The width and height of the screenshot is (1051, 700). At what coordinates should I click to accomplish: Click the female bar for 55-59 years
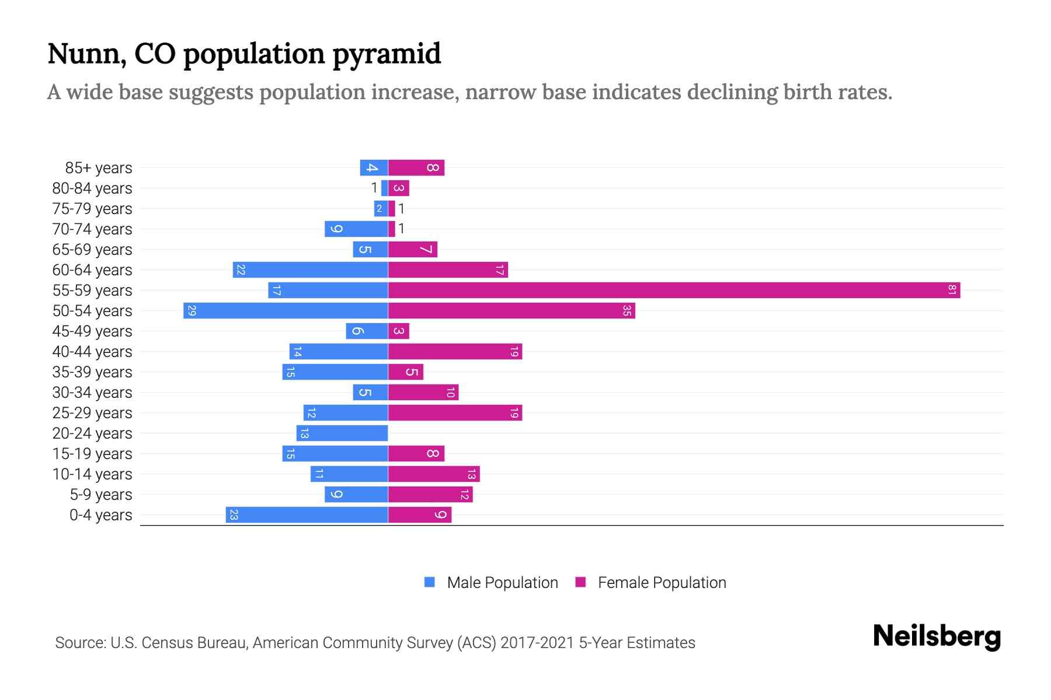[674, 290]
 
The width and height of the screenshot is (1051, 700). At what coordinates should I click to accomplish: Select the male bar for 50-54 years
[286, 310]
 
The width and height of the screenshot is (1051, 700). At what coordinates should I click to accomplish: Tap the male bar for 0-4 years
[307, 514]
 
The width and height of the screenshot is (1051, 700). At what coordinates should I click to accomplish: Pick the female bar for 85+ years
[416, 167]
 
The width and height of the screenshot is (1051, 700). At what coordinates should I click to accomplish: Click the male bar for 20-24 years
[342, 433]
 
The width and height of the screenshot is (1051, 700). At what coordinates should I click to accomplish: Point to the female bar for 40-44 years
[455, 351]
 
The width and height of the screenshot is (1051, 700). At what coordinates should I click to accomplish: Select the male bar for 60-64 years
[310, 269]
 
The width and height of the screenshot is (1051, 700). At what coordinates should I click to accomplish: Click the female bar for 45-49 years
[398, 331]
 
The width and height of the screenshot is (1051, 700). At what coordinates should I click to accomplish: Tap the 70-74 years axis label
[92, 229]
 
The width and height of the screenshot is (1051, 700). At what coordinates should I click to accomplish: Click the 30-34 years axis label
[92, 392]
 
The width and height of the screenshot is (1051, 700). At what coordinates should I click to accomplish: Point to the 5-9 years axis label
[100, 494]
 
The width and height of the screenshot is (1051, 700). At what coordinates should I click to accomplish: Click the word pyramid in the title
[387, 54]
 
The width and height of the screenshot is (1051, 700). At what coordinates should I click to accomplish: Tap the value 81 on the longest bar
[952, 290]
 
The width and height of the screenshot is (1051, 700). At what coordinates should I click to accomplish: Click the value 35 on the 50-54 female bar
[627, 310]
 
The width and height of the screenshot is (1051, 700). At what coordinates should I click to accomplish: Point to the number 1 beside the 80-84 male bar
[374, 188]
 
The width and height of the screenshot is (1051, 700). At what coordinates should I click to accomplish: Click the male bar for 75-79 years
[381, 208]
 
